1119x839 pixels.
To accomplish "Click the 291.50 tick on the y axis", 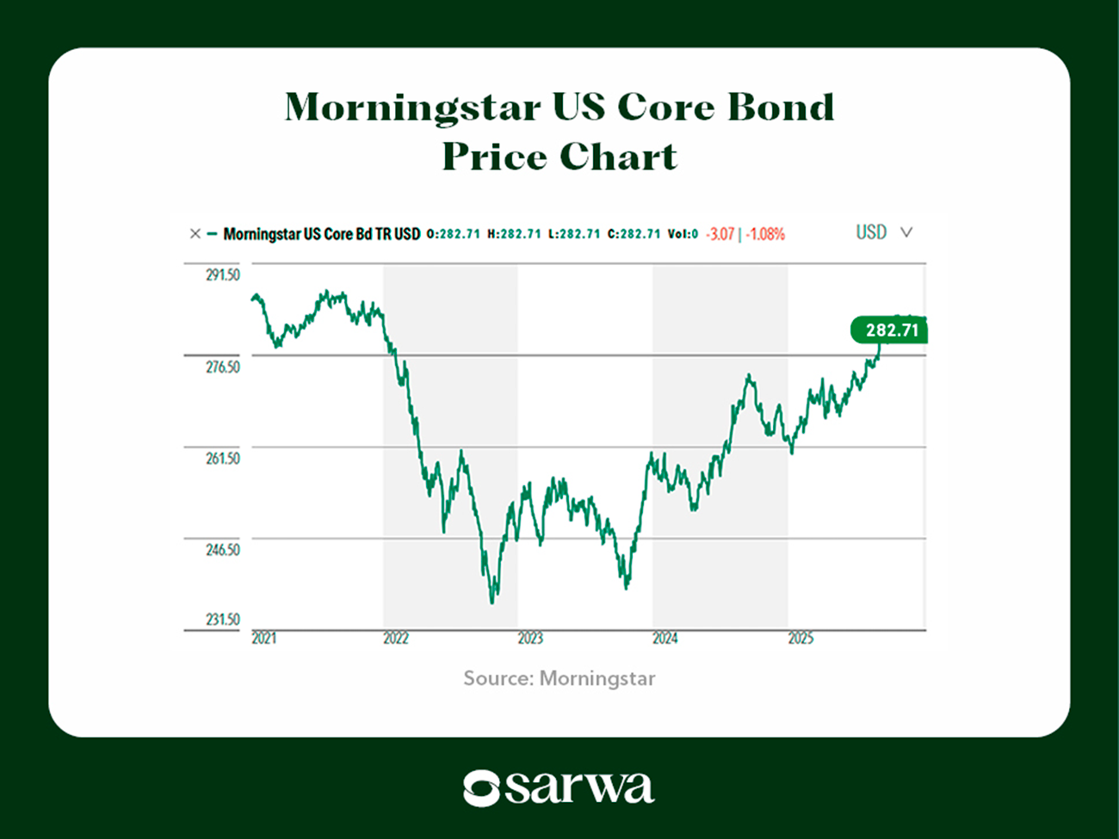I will pos(222,275).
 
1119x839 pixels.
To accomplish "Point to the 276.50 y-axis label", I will pos(222,367).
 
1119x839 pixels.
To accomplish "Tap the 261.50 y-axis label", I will pos(222,459).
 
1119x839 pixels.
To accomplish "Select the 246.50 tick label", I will pos(222,550).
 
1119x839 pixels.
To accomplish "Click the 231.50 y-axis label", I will pos(222,620).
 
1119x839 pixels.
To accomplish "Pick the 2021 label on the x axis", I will pos(263,639).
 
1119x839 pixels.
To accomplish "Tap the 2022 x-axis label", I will pos(396,639).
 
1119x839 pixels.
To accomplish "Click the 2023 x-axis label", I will pos(530,639).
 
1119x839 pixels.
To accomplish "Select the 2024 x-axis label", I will pos(665,639).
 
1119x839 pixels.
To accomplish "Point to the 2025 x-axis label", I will pos(801,639).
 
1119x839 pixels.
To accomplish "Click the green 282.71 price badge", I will pos(890,330).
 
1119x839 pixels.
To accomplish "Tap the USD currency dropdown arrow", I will pos(906,232).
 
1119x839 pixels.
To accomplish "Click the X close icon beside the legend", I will pos(195,233).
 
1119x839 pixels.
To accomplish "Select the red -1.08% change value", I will pos(765,234).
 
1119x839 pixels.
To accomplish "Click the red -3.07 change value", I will pos(720,234).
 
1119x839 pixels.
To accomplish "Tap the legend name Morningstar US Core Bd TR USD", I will pos(321,234).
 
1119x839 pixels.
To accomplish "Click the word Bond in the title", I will pos(781,107).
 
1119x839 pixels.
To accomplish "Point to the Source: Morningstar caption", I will pos(559,679).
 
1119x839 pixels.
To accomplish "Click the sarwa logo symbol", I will pos(481,787).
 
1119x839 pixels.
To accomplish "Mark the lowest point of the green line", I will pos(492,602).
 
